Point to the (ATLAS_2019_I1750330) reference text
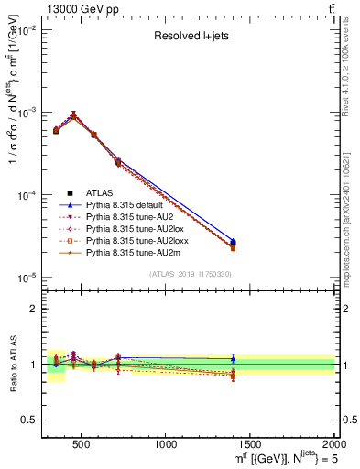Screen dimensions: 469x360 [x=190, y=274]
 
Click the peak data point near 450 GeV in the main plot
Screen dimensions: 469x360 [x=73, y=115]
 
